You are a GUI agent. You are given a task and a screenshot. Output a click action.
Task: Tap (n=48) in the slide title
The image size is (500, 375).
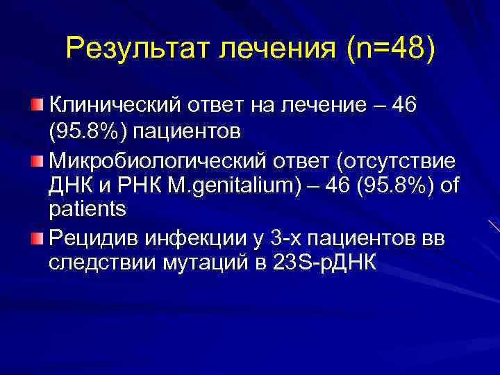click(x=394, y=49)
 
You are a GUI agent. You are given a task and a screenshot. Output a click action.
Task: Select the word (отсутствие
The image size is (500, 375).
click(x=397, y=162)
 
